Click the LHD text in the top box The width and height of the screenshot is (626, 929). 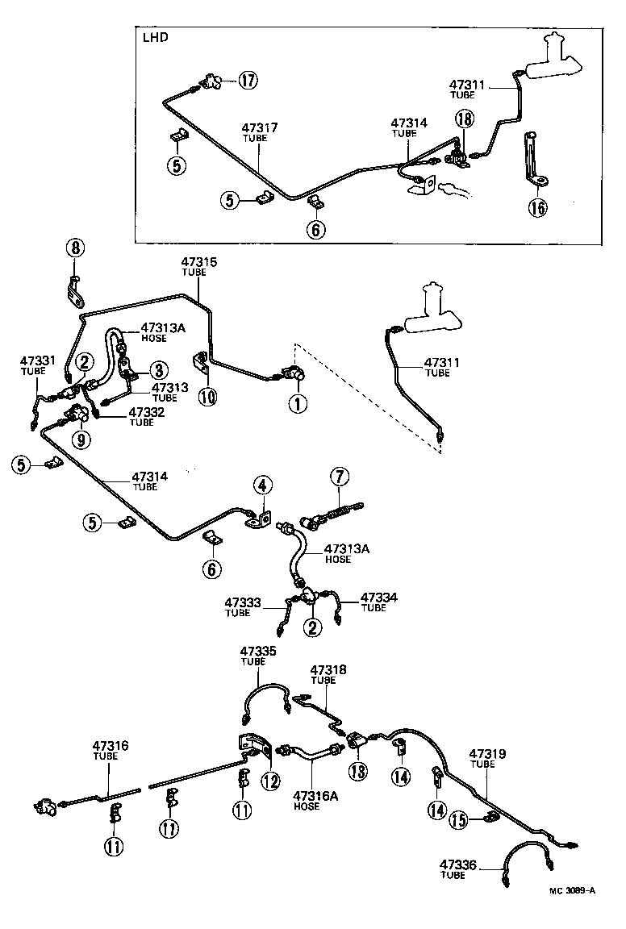pyautogui.click(x=155, y=39)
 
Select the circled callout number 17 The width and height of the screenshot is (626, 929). pyautogui.click(x=248, y=80)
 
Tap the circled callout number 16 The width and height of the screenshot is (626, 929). pyautogui.click(x=538, y=208)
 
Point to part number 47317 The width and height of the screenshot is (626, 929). pyautogui.click(x=261, y=127)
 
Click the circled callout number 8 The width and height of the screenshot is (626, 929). pyautogui.click(x=73, y=248)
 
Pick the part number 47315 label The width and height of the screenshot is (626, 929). pyautogui.click(x=198, y=262)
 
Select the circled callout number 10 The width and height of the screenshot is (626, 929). pyautogui.click(x=207, y=398)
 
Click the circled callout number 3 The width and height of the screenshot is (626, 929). pyautogui.click(x=157, y=370)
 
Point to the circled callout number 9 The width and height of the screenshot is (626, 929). pyautogui.click(x=80, y=439)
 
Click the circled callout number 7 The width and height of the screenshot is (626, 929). pyautogui.click(x=339, y=477)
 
